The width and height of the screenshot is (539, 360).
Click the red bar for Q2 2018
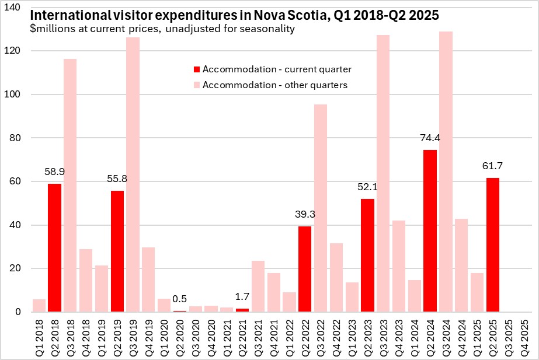(x=54, y=248)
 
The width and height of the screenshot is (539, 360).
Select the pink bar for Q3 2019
(x=133, y=175)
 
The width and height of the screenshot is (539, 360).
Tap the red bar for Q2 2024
(x=430, y=231)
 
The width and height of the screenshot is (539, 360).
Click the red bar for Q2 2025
(x=492, y=245)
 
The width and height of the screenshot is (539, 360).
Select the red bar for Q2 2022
(x=305, y=269)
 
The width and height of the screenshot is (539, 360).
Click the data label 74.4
(x=430, y=138)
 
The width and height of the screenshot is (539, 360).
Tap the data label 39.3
(x=305, y=215)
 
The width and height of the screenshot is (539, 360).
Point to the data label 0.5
(x=179, y=299)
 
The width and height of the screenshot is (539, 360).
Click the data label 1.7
(x=242, y=296)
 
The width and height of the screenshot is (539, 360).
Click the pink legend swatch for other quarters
(x=197, y=85)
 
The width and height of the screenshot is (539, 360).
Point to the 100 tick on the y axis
(x=15, y=95)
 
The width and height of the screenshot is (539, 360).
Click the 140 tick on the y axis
(x=15, y=8)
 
